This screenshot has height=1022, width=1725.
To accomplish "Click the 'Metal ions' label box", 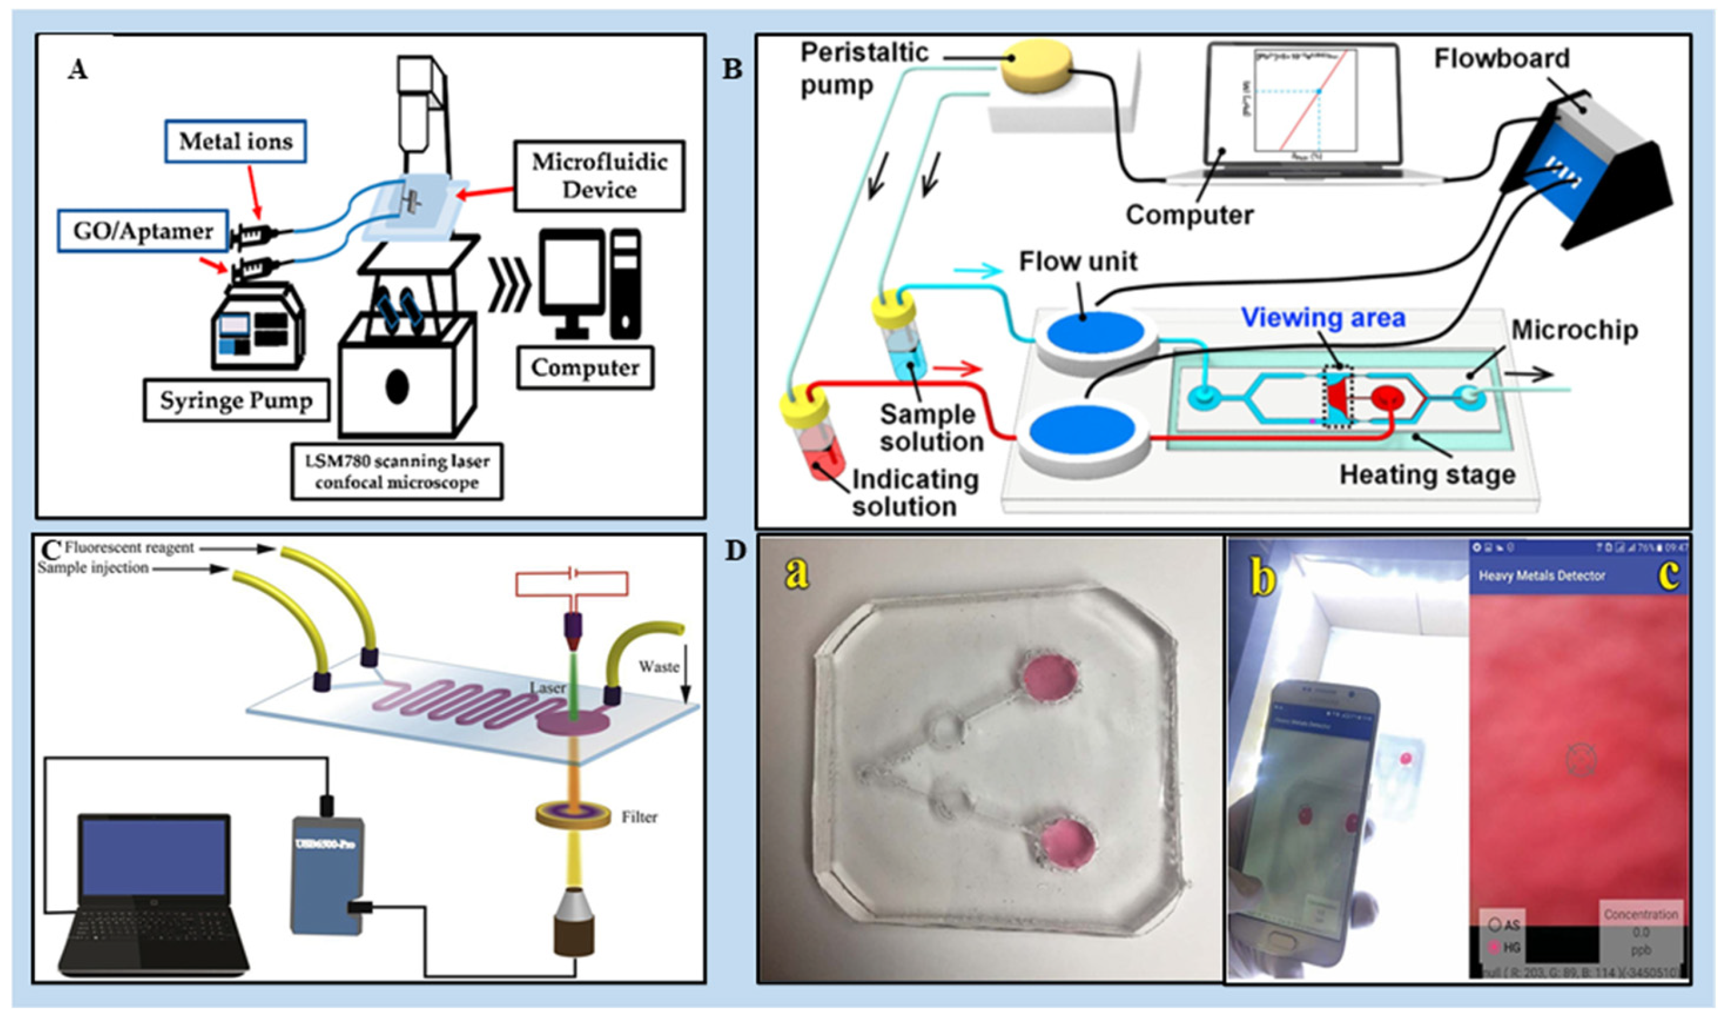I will pos(235,141).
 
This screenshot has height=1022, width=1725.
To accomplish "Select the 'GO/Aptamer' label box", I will pos(142,231).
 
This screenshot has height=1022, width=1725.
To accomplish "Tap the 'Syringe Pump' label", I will pos(236,400).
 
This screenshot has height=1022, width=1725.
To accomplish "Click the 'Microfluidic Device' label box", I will pos(599,175).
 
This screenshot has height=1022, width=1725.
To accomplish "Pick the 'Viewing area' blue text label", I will pos(1322,318).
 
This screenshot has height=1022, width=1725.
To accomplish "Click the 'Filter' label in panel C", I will pos(639,817).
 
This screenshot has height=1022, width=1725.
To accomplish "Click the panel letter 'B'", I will pos(732,69).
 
